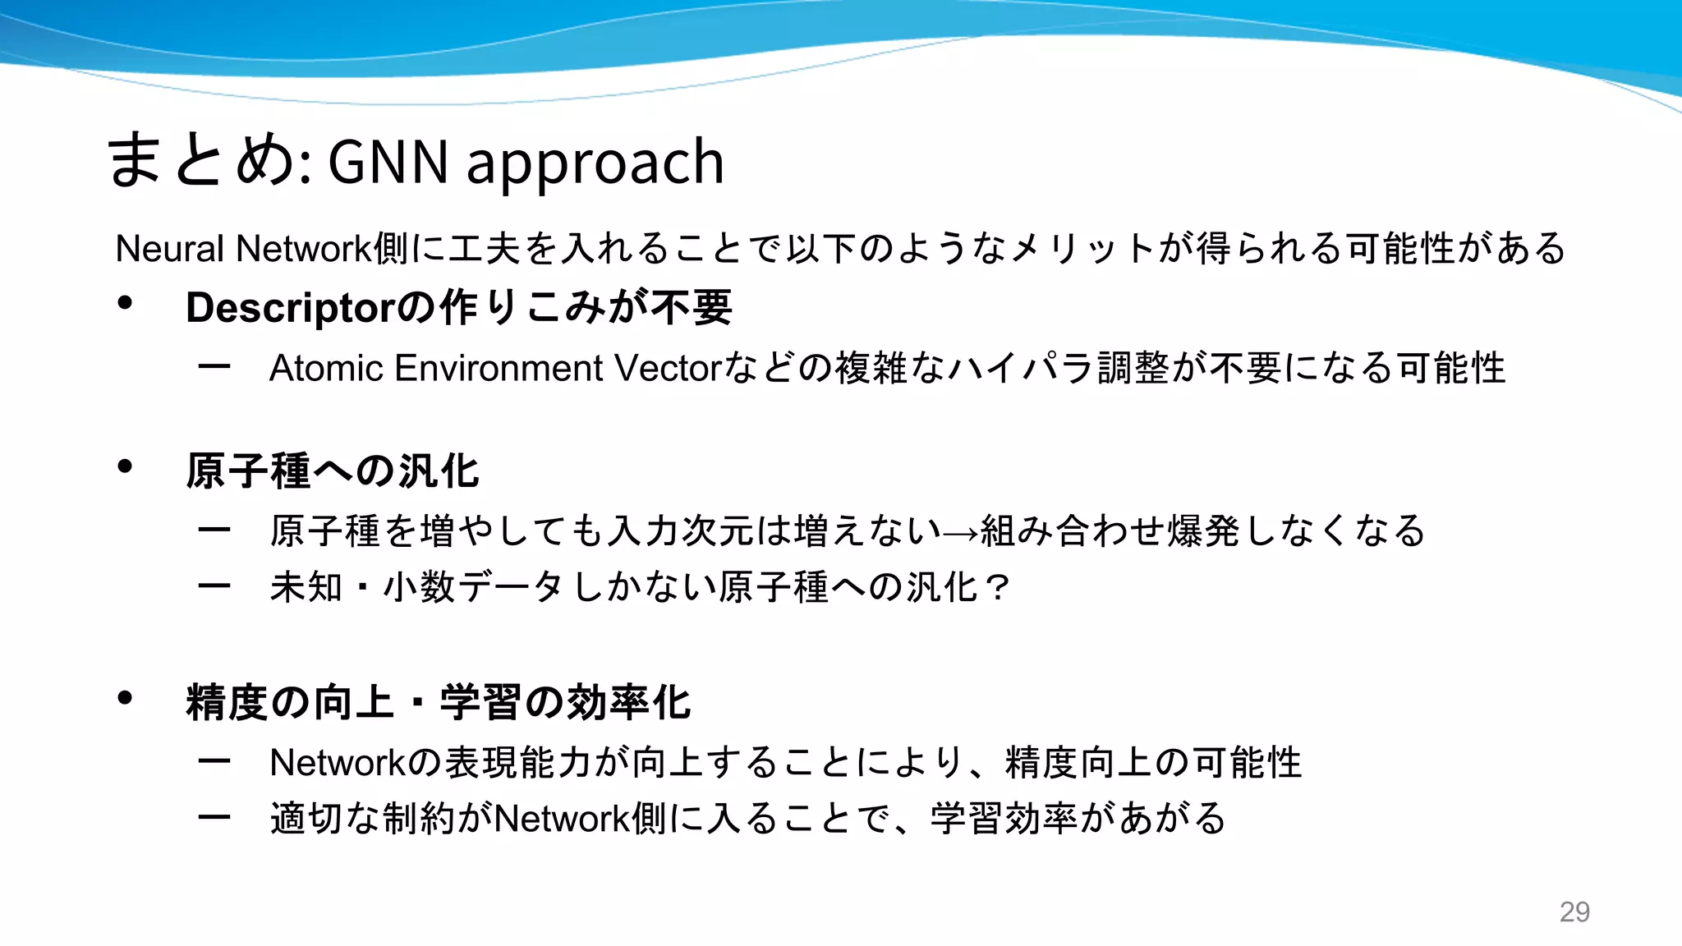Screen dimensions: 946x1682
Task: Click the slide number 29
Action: pyautogui.click(x=1574, y=912)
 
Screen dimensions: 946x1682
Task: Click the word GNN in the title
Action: pyautogui.click(x=388, y=162)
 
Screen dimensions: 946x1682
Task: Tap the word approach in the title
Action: pyautogui.click(x=595, y=163)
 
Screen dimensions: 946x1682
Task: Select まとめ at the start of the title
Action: pyautogui.click(x=202, y=160)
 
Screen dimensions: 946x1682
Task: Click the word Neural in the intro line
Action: pyautogui.click(x=170, y=248)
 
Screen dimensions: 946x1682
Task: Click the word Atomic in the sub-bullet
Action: pyautogui.click(x=326, y=368)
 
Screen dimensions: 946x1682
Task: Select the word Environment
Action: pyautogui.click(x=499, y=368)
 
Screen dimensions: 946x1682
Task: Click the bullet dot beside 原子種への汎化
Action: pyautogui.click(x=125, y=466)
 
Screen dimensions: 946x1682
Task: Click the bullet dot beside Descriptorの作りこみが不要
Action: pyautogui.click(x=125, y=303)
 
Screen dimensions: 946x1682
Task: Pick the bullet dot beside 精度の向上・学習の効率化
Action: pyautogui.click(x=125, y=698)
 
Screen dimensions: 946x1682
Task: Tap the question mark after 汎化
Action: pyautogui.click(x=998, y=587)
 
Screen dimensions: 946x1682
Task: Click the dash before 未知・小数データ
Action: pyautogui.click(x=214, y=586)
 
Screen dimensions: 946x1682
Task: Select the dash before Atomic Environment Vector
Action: pyautogui.click(x=214, y=366)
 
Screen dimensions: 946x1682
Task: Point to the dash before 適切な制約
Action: pyautogui.click(x=214, y=817)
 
